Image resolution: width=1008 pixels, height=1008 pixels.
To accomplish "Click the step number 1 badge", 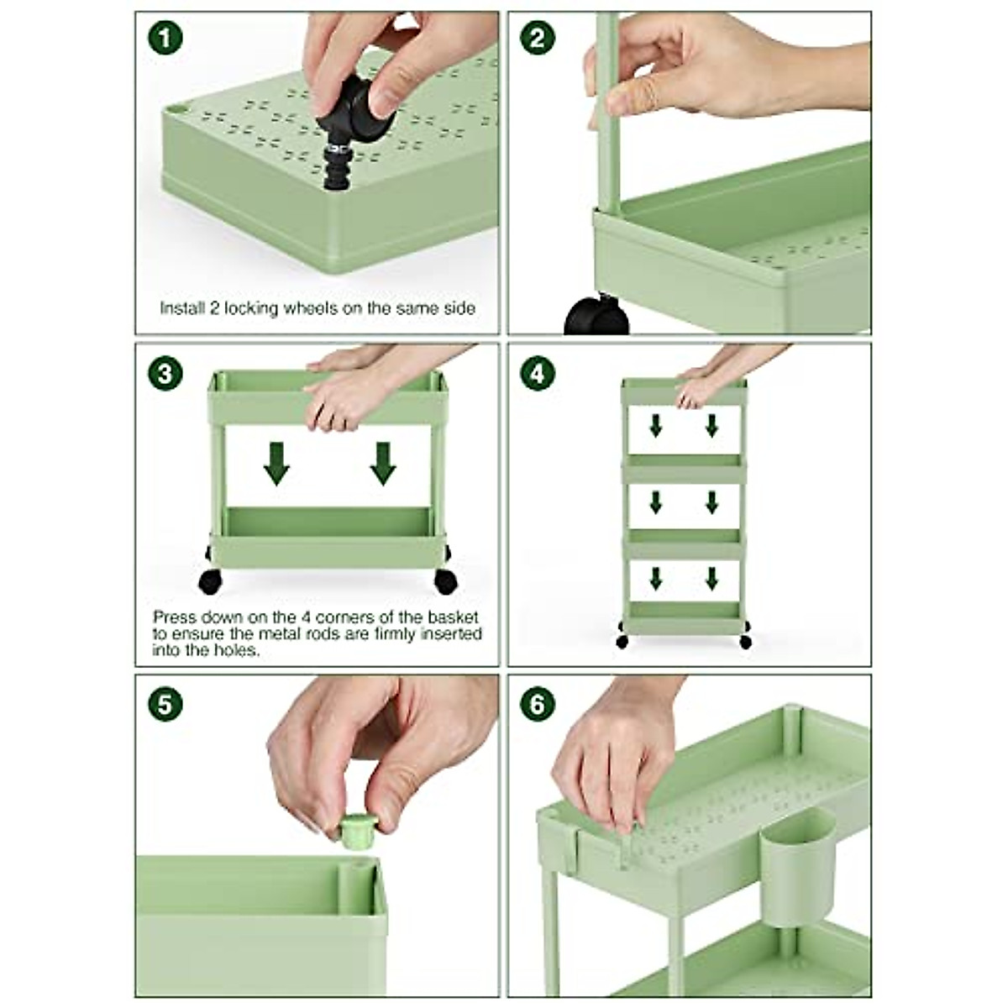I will (x=165, y=37).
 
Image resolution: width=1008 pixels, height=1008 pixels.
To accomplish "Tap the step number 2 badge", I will (x=538, y=37).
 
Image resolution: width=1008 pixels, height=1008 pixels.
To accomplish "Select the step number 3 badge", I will (x=165, y=372).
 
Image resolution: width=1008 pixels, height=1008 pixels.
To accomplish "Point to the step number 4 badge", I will (x=538, y=372).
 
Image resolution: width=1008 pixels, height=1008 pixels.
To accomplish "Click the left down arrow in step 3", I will (x=276, y=464).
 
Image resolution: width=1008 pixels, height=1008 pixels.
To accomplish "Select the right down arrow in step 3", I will (x=383, y=464).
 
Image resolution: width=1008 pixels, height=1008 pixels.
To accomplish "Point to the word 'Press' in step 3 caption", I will (x=174, y=616).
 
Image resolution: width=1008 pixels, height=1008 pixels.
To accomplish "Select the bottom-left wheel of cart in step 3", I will (x=210, y=580).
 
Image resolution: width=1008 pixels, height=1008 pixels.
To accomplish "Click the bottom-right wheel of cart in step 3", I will (x=446, y=580).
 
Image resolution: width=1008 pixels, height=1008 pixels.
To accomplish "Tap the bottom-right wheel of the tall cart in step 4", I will (x=744, y=642).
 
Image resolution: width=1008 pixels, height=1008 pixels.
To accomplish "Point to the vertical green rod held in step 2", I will (x=606, y=126).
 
